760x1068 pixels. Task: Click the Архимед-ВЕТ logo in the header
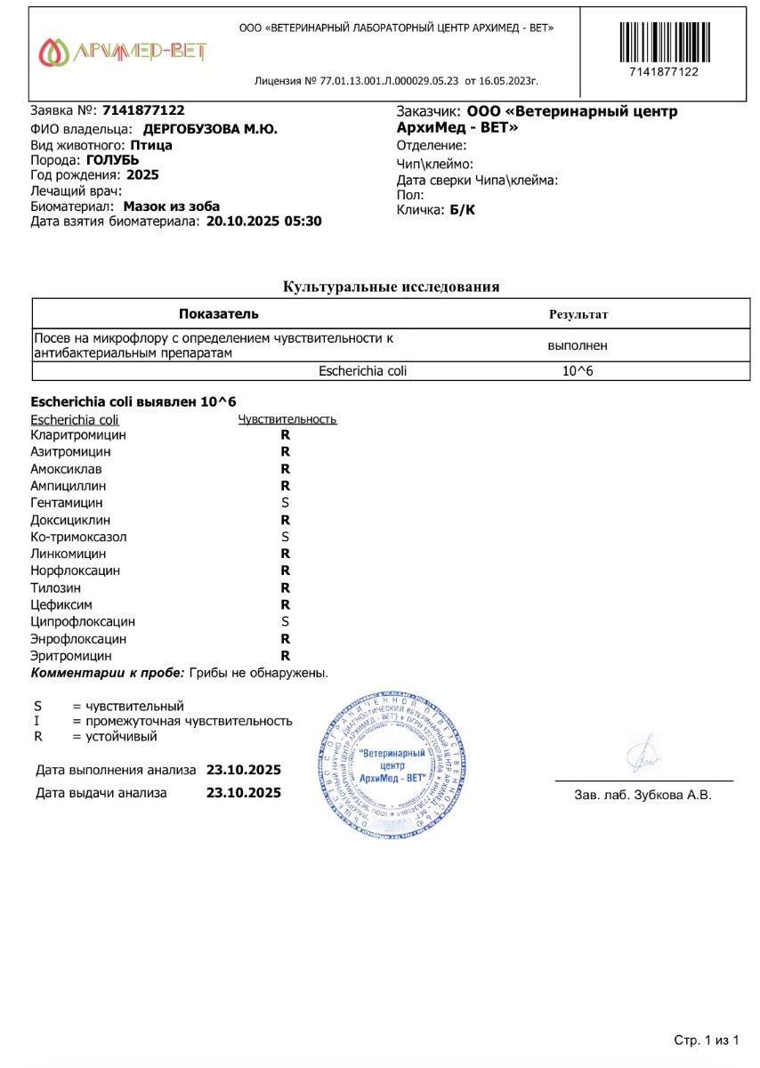pyautogui.click(x=123, y=53)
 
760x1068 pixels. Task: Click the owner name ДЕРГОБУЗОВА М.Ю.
pyautogui.click(x=210, y=129)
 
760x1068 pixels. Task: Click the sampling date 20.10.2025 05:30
pyautogui.click(x=263, y=222)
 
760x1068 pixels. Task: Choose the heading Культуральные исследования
pyautogui.click(x=391, y=287)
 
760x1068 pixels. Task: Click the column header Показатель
pyautogui.click(x=218, y=314)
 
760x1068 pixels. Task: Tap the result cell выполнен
pyautogui.click(x=578, y=345)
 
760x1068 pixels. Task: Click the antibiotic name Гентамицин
pyautogui.click(x=66, y=503)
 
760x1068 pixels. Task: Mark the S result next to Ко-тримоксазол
pyautogui.click(x=286, y=537)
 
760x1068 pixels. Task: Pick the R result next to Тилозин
pyautogui.click(x=286, y=587)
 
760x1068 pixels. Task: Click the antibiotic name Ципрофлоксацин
pyautogui.click(x=83, y=621)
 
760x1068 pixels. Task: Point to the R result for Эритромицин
pyautogui.click(x=286, y=655)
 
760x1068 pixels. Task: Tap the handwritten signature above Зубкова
pyautogui.click(x=643, y=754)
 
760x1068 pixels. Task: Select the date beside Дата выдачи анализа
pyautogui.click(x=243, y=792)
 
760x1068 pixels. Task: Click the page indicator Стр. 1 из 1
pyautogui.click(x=707, y=1040)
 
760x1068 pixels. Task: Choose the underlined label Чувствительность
pyautogui.click(x=287, y=420)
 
